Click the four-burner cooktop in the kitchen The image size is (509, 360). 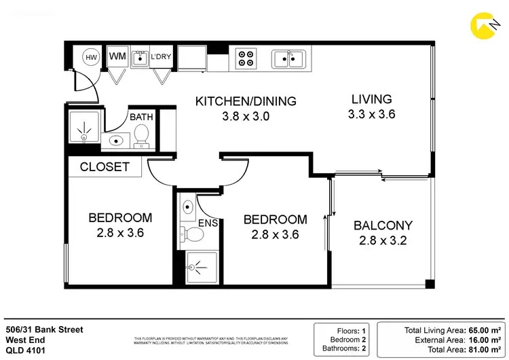pos(246,58)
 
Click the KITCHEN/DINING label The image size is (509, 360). pos(246,101)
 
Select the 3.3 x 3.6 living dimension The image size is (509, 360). pos(371,114)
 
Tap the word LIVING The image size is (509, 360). pos(371,98)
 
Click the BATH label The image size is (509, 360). pos(141,117)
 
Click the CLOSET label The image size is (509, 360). pos(105,166)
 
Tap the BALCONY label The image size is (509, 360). pos(383,226)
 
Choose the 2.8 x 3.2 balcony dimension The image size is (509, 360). pos(383,240)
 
